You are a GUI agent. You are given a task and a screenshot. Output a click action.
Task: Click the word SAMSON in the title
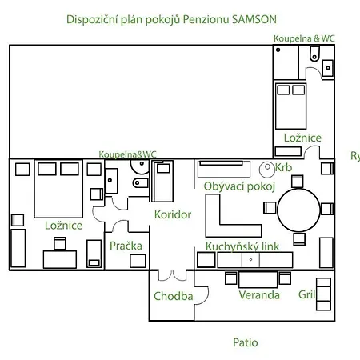point(254,19)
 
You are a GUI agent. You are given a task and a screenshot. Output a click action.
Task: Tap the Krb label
point(283,167)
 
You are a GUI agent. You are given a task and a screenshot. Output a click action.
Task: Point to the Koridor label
point(173,214)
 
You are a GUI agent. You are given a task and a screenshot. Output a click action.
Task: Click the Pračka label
point(126,246)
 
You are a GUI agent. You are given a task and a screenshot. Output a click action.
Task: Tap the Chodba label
point(174,296)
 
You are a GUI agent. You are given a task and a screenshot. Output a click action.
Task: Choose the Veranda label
point(259,295)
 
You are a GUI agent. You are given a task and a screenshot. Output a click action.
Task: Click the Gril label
point(306,294)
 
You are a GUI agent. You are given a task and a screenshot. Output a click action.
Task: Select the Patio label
point(246,342)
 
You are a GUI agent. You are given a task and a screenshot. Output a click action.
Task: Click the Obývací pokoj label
point(239,186)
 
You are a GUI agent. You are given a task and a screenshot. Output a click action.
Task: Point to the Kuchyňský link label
point(242,246)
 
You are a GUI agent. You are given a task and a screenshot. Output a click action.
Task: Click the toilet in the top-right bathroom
point(314,54)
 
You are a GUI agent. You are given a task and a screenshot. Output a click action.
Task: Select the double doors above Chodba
point(172,275)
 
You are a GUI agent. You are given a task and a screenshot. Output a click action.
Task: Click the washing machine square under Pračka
point(138,261)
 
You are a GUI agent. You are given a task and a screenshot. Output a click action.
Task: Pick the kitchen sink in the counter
point(250,259)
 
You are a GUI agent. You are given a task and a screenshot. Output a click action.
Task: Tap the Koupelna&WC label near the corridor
point(127,154)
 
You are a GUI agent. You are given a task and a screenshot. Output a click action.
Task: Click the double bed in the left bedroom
point(58,189)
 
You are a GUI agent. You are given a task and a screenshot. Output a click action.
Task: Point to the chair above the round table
point(297,182)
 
